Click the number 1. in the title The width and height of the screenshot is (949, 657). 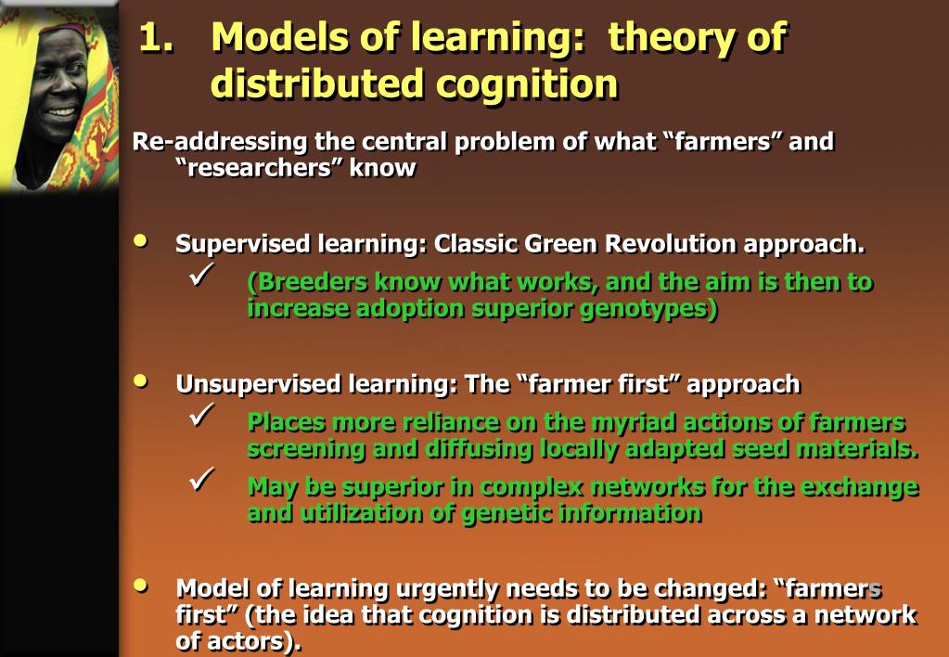156,38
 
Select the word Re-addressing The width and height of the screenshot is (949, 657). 220,142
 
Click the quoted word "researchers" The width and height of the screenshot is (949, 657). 259,168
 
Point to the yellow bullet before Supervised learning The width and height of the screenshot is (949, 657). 140,241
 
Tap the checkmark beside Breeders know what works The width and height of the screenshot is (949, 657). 201,275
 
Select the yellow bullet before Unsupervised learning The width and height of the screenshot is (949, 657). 140,380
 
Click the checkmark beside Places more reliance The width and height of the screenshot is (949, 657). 201,415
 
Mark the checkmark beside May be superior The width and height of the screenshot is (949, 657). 201,479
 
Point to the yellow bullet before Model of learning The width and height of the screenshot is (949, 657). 140,585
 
